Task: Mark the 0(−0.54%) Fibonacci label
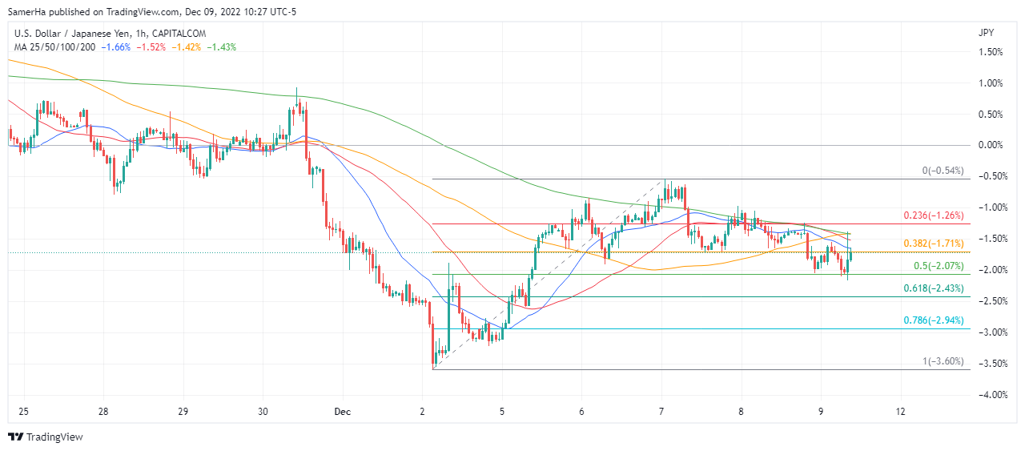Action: coord(943,171)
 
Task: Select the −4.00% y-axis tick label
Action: coord(991,395)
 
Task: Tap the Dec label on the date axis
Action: coord(343,413)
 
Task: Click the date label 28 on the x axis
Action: coord(103,413)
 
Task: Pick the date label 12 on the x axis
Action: coord(901,413)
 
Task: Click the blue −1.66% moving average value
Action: coord(117,47)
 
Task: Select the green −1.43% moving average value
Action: coord(222,47)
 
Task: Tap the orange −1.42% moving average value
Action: coord(187,47)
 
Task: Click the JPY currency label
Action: coord(987,33)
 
